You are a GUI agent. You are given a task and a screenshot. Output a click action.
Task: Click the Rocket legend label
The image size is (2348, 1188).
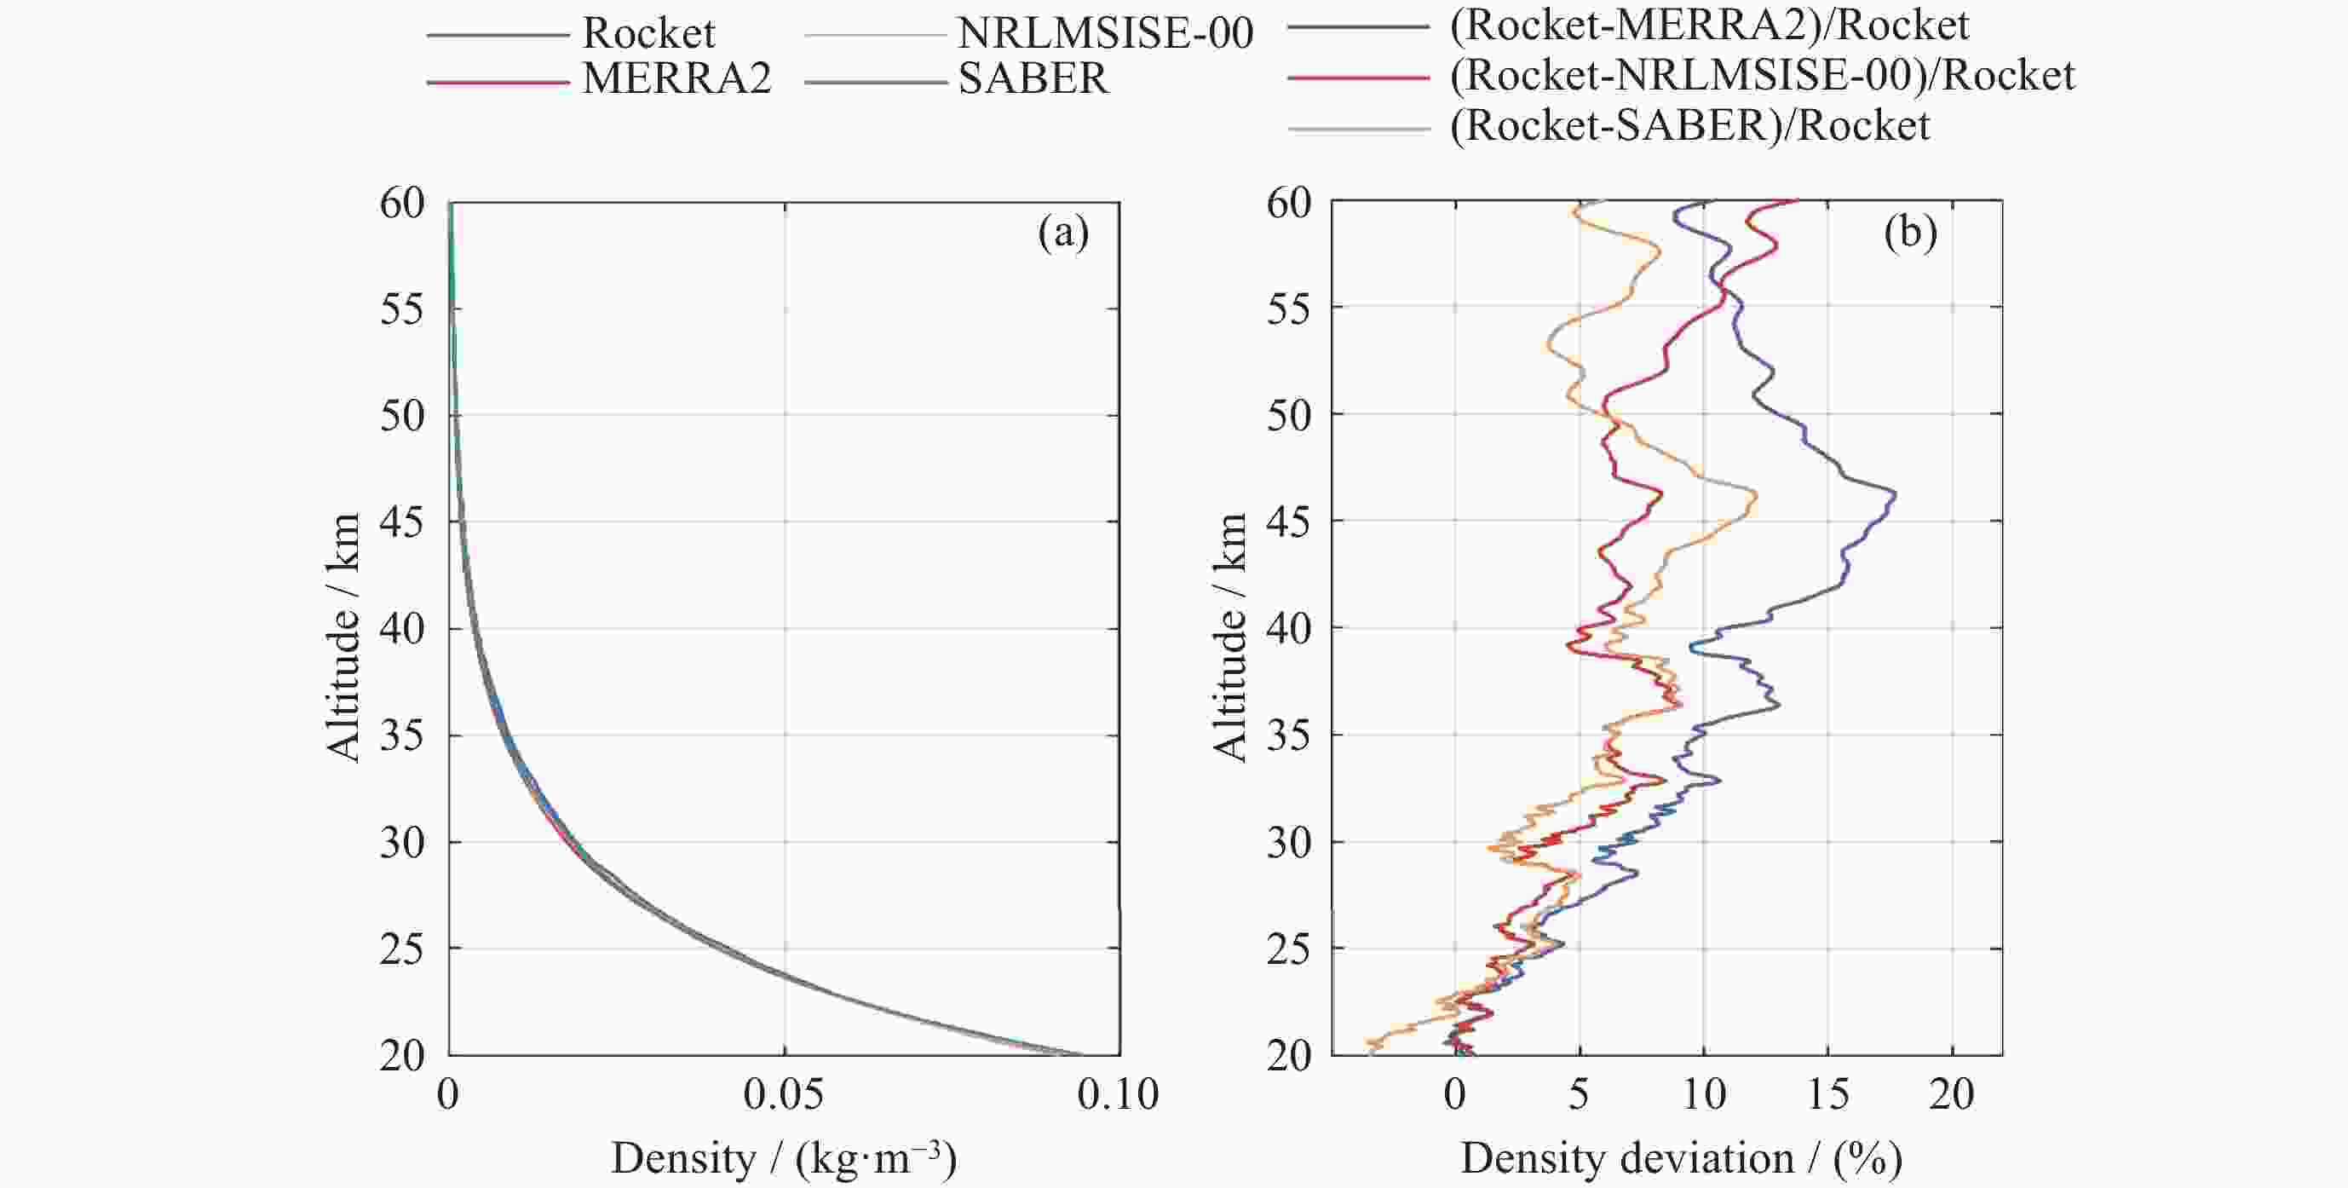648,34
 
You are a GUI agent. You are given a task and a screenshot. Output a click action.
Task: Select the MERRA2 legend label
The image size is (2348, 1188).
676,79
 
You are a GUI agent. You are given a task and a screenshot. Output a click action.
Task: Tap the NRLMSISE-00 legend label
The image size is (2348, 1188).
1106,34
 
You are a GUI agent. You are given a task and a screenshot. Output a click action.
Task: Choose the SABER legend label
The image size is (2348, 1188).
1033,79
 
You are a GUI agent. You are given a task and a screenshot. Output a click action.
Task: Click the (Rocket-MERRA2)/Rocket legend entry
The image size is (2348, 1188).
1709,26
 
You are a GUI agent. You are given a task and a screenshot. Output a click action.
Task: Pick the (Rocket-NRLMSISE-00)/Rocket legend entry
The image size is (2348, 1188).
1762,76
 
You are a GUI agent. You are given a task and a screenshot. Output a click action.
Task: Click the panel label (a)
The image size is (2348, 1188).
1062,234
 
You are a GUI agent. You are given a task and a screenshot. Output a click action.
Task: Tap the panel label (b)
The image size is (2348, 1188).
1910,234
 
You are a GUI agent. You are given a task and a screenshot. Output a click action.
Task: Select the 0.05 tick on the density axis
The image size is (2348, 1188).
784,1094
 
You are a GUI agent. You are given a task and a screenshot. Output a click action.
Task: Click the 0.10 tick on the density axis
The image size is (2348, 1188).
1119,1094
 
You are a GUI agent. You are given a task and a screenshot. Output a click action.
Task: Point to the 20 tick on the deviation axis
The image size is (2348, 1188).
1952,1094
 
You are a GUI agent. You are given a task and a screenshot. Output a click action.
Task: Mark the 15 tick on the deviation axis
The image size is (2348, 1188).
1827,1094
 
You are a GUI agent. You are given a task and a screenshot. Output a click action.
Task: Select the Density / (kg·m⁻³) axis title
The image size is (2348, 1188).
784,1159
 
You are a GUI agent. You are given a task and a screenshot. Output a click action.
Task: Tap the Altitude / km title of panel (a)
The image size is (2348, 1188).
343,637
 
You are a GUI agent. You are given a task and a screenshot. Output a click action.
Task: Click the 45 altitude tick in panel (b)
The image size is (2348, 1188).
1289,522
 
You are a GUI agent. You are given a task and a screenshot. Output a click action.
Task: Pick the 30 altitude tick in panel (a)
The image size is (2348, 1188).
403,844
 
